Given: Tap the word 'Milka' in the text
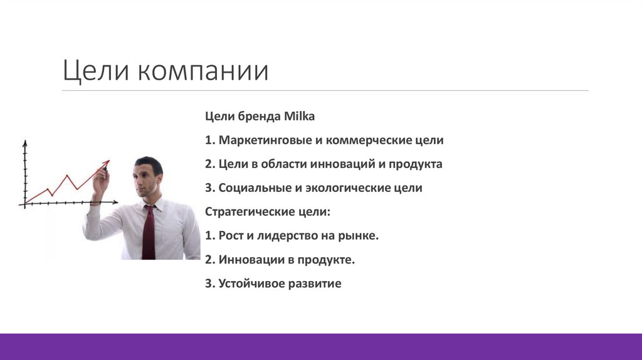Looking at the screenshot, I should point(301,117).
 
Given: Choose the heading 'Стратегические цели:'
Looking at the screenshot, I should point(267,212).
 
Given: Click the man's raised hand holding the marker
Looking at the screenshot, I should point(100,182).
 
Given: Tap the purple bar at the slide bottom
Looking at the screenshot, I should point(321,346).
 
